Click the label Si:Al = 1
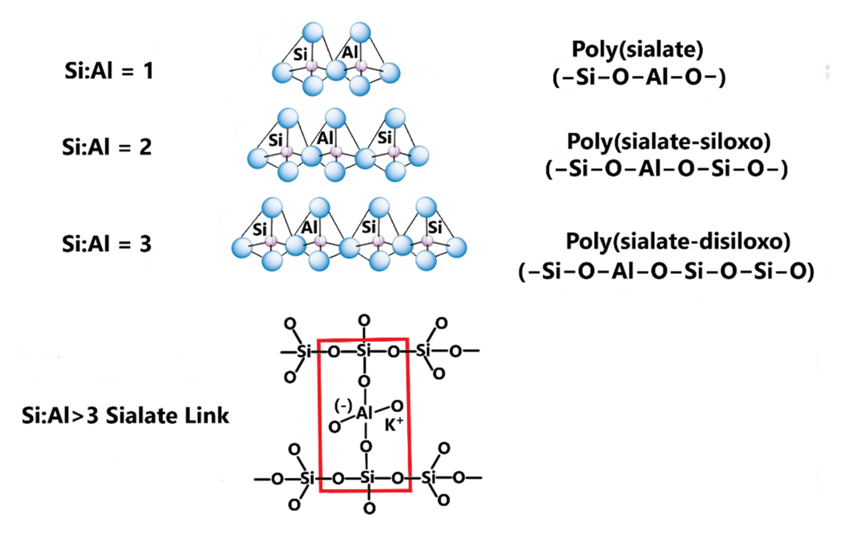pyautogui.click(x=109, y=71)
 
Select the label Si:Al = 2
pyautogui.click(x=107, y=147)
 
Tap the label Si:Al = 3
pyautogui.click(x=107, y=244)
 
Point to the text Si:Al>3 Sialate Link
pyautogui.click(x=125, y=416)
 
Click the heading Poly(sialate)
pyautogui.click(x=637, y=50)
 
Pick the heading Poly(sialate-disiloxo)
pyautogui.click(x=678, y=242)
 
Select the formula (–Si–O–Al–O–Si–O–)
pyautogui.click(x=667, y=169)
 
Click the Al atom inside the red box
pyautogui.click(x=364, y=414)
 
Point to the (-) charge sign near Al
pyautogui.click(x=343, y=406)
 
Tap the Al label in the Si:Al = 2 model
pyautogui.click(x=325, y=139)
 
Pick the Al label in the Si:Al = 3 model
pyautogui.click(x=310, y=228)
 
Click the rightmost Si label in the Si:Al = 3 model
pyautogui.click(x=435, y=228)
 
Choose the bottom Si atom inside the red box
pyautogui.click(x=367, y=477)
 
